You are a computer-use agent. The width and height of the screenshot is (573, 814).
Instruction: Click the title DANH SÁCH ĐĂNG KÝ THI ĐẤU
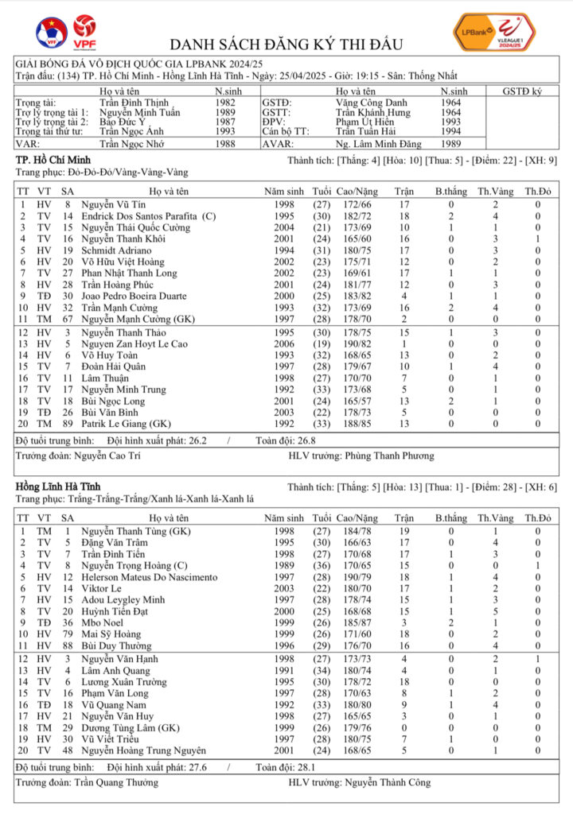coord(286,45)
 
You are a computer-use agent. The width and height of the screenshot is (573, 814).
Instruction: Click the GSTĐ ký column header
coord(522,92)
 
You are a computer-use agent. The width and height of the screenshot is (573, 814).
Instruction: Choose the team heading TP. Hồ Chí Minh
coord(53,161)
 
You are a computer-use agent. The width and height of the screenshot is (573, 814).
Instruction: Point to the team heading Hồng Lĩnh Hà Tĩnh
coord(58,486)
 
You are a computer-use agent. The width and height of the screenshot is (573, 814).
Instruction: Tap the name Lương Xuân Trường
coord(126,682)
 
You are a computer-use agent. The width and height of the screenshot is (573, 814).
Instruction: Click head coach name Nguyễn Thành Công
coord(388,783)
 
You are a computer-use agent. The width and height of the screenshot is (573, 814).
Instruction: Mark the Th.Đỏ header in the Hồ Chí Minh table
coord(537,192)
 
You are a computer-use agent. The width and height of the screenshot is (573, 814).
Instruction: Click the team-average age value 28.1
coord(286,767)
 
